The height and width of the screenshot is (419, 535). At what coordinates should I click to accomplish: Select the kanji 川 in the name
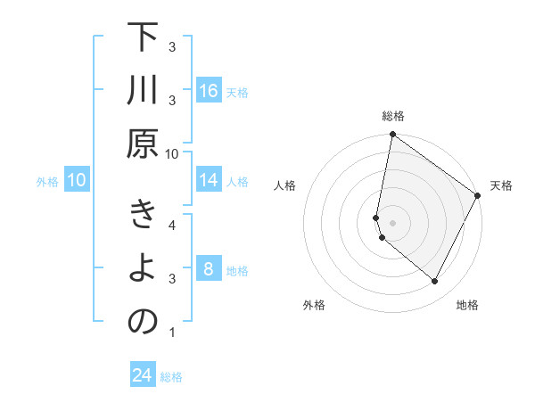[143, 92]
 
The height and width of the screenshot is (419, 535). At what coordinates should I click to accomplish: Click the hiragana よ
[143, 270]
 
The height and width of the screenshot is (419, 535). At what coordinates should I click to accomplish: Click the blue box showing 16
[209, 91]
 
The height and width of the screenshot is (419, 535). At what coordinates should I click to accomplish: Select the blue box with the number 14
[209, 181]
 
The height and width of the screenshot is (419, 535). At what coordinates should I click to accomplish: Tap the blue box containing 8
[209, 269]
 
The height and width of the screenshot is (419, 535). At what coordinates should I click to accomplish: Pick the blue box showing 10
[77, 181]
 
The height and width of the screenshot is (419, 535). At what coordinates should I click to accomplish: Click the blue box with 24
[142, 375]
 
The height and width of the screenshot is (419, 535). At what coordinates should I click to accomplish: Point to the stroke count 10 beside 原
[172, 153]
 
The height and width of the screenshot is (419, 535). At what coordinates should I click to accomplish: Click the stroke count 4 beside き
[172, 224]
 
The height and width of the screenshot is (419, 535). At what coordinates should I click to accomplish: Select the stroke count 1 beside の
[172, 333]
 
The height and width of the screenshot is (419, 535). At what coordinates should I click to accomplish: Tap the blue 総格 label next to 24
[171, 377]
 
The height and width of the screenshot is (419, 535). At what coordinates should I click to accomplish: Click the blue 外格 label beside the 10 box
[47, 182]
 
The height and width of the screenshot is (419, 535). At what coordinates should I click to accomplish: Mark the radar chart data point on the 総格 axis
[392, 136]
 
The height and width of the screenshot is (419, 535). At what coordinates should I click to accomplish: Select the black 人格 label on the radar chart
[285, 186]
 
